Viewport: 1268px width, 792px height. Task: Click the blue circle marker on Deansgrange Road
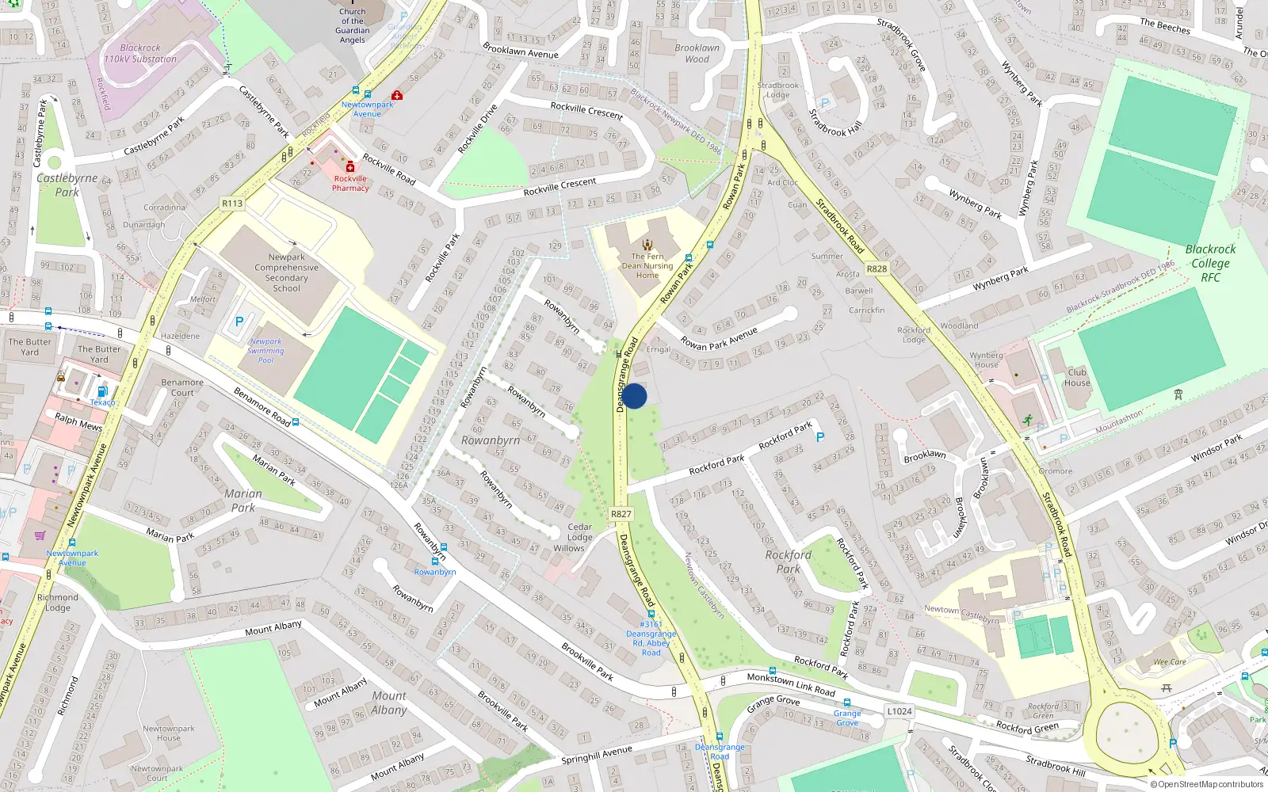[634, 396]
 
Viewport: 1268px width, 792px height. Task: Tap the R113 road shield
[232, 204]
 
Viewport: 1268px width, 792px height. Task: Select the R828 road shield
[877, 268]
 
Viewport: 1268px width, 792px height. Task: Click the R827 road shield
[621, 514]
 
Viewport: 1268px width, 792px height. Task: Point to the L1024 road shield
[899, 711]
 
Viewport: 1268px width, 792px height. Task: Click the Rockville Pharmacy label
[350, 183]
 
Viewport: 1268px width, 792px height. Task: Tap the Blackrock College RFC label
[1210, 263]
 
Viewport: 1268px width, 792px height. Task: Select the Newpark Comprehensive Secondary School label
[286, 272]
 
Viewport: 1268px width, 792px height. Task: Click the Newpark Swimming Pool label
[265, 351]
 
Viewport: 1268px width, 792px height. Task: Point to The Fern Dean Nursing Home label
[647, 265]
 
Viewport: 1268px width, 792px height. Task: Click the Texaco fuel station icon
[101, 392]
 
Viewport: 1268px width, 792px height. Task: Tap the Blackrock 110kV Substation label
[140, 53]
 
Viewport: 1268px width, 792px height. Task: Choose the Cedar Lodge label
[579, 531]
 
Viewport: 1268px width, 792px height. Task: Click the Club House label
[1077, 378]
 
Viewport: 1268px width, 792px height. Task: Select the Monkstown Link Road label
[791, 684]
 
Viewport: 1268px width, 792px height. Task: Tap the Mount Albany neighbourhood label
[389, 703]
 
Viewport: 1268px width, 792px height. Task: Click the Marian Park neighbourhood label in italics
[243, 501]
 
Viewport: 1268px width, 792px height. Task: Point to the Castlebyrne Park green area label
[67, 185]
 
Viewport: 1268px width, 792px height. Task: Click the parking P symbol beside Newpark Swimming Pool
[239, 322]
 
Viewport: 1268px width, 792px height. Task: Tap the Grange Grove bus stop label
[847, 718]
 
